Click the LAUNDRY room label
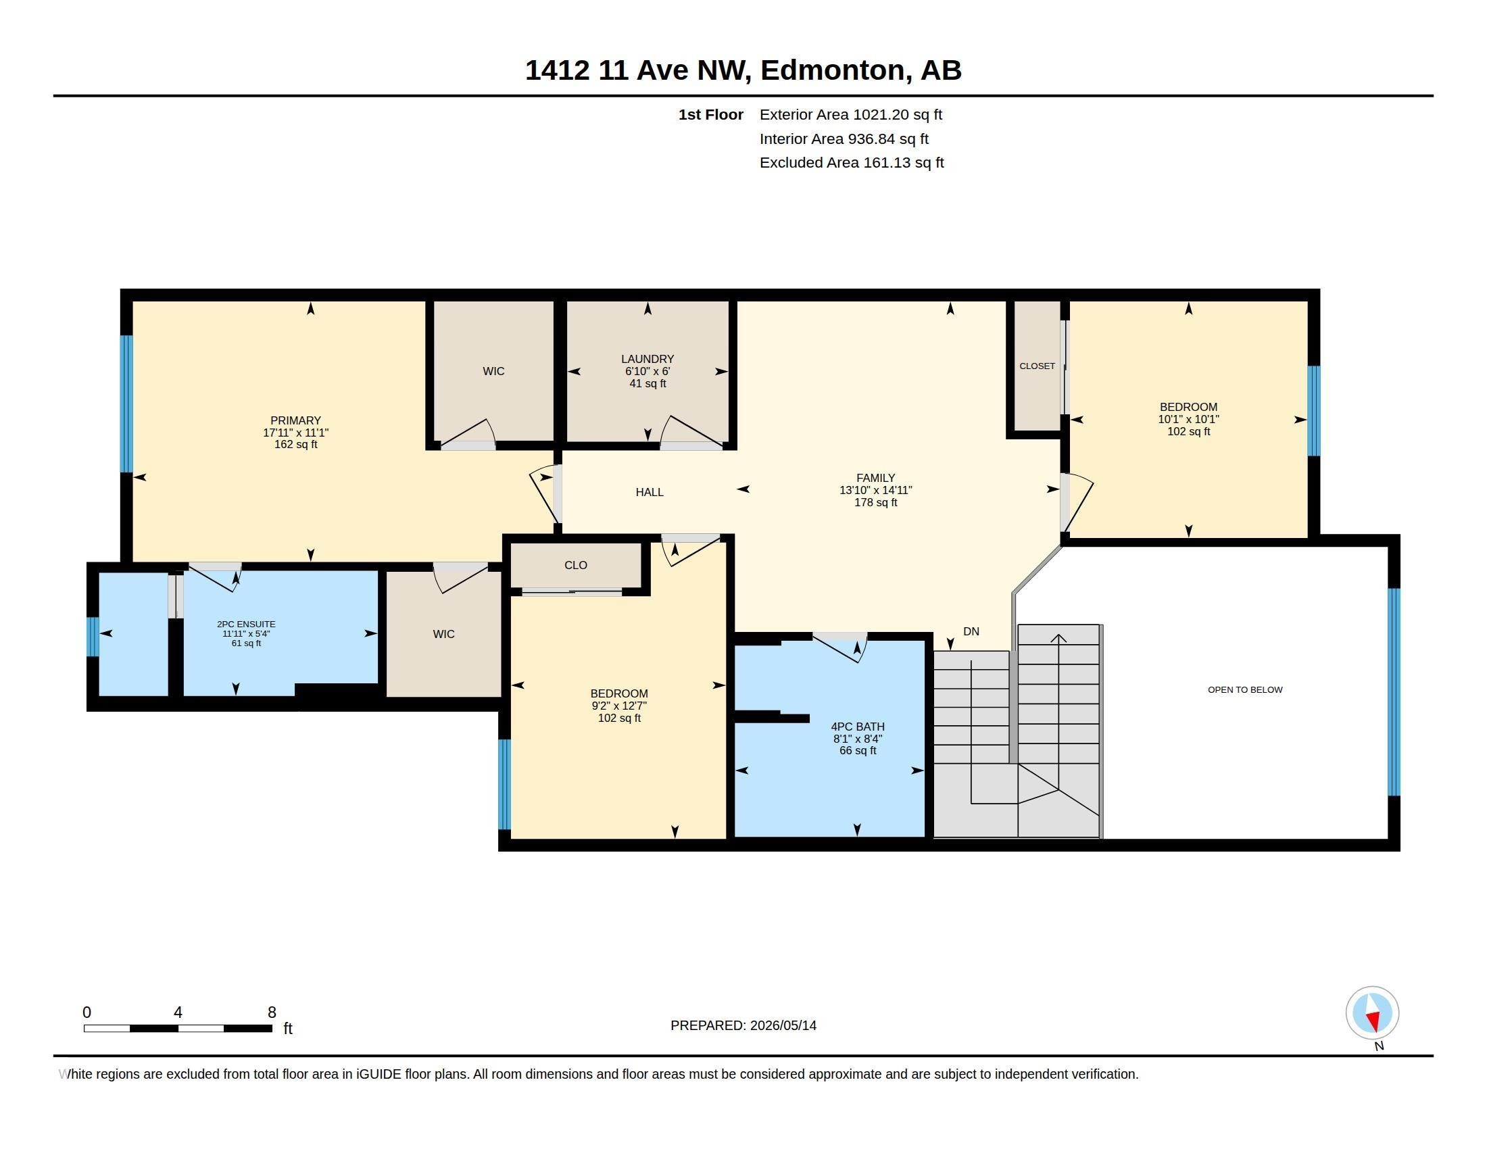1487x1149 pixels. click(x=647, y=359)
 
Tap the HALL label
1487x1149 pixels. click(x=650, y=492)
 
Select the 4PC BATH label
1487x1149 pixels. click(x=857, y=727)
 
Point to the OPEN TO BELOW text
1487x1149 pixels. click(x=1244, y=689)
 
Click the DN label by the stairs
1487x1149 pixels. click(x=971, y=631)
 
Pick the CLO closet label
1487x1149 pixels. click(x=575, y=565)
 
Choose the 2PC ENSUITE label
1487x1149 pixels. click(x=246, y=624)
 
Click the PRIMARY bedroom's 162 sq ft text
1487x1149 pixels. click(x=295, y=445)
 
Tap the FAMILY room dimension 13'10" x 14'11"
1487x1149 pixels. click(x=875, y=490)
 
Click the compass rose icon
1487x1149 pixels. click(x=1372, y=1012)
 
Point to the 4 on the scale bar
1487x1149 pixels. click(x=178, y=1012)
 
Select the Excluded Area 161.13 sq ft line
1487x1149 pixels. click(x=851, y=163)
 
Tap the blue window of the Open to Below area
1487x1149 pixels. click(x=1394, y=691)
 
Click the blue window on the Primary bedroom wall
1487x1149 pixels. click(x=126, y=404)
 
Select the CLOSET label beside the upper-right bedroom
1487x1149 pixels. click(x=1037, y=366)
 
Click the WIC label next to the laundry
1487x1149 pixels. click(x=493, y=371)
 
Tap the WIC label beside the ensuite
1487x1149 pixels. click(x=443, y=634)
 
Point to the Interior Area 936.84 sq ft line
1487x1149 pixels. click(x=844, y=139)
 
